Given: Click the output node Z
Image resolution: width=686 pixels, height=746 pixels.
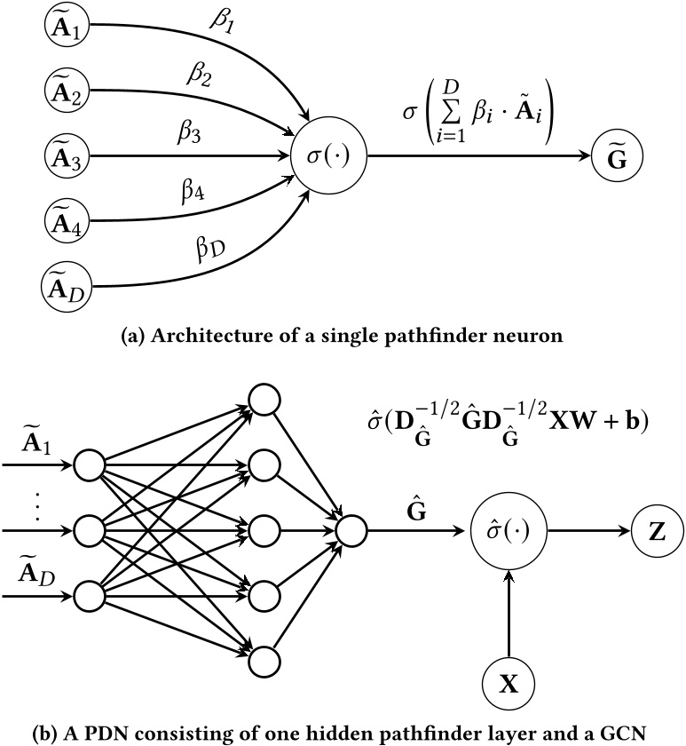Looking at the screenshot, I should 658,531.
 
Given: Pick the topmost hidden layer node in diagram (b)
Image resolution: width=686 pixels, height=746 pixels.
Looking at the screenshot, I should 264,401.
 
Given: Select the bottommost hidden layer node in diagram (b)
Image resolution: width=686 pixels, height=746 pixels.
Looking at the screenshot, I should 264,662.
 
